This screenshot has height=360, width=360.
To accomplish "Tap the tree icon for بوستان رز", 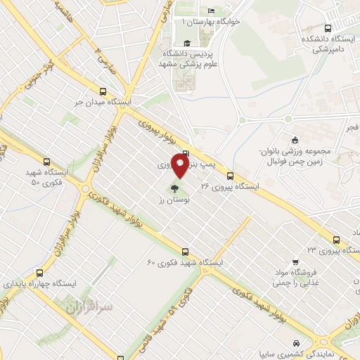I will [174, 188].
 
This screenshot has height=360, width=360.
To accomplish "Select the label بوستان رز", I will [170, 200].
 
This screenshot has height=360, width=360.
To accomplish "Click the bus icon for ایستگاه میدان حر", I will [104, 91].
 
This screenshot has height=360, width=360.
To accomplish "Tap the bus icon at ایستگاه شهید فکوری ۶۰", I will [186, 250].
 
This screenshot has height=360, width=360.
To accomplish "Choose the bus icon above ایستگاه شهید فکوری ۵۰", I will [47, 161].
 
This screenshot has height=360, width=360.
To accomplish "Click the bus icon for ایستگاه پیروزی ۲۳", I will [336, 238].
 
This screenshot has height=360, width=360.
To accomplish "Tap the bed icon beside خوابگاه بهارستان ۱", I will [211, 11].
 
